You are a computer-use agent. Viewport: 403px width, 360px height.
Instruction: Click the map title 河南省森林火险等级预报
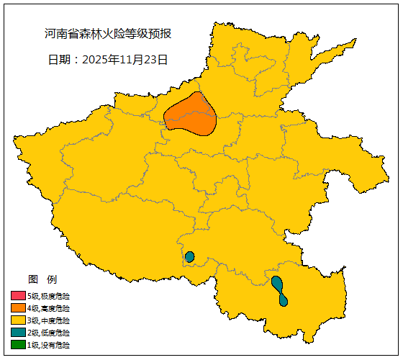pyautogui.click(x=108, y=34)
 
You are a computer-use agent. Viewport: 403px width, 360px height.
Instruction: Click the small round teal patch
pyautogui.click(x=190, y=257)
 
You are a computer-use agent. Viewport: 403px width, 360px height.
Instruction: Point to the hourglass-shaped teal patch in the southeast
pyautogui.click(x=280, y=291)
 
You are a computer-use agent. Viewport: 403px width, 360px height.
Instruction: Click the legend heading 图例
pyautogui.click(x=42, y=279)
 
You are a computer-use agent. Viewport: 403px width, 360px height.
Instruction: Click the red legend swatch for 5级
pyautogui.click(x=18, y=296)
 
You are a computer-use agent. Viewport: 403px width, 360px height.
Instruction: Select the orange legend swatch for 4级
pyautogui.click(x=18, y=308)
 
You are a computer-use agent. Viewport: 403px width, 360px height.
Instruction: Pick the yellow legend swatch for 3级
pyautogui.click(x=18, y=320)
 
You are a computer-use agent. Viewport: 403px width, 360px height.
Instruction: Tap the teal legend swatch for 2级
pyautogui.click(x=18, y=333)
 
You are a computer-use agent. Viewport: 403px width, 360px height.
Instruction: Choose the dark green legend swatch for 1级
pyautogui.click(x=18, y=345)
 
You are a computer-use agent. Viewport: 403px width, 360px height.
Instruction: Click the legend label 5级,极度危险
pyautogui.click(x=49, y=296)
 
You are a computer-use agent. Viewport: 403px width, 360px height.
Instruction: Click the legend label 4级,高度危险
pyautogui.click(x=49, y=308)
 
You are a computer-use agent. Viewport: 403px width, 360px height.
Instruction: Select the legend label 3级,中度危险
pyautogui.click(x=49, y=320)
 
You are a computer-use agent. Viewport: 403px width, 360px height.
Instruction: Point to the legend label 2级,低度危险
pyautogui.click(x=49, y=333)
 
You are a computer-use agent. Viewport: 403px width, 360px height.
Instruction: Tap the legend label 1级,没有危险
pyautogui.click(x=49, y=345)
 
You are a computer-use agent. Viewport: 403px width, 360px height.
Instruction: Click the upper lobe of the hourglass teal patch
pyautogui.click(x=277, y=283)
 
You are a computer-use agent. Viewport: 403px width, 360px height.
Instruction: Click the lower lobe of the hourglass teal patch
pyautogui.click(x=284, y=300)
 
